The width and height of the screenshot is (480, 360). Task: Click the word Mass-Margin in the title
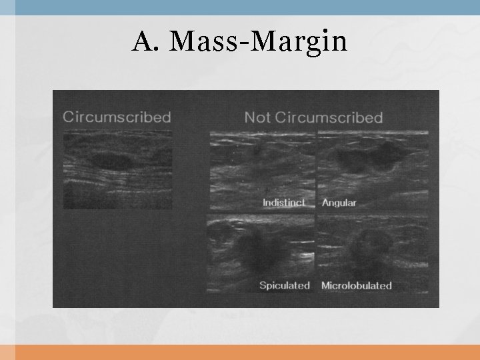[259, 42]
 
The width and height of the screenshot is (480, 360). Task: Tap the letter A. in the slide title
[145, 41]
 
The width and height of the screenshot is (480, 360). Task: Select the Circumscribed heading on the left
[117, 117]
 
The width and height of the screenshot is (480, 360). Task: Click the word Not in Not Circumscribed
[257, 117]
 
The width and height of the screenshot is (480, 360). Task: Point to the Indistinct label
[284, 203]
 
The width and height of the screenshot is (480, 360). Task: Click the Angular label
[339, 203]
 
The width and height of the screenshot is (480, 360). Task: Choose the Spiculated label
[285, 285]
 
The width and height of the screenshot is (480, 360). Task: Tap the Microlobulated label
[356, 285]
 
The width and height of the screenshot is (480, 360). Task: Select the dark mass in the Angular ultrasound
[370, 159]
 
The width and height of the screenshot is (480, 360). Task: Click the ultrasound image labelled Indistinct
[262, 170]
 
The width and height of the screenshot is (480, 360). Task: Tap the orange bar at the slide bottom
[240, 352]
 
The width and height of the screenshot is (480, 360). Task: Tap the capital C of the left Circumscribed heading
[68, 117]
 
